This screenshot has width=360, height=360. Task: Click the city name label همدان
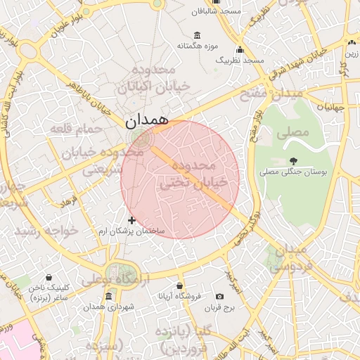pos(148,120)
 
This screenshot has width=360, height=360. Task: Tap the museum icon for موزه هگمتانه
pos(195,35)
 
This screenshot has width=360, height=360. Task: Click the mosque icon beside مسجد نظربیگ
pos(240,50)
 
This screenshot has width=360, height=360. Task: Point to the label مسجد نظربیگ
pos(240,60)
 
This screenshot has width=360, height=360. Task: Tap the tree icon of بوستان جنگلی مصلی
pos(293,161)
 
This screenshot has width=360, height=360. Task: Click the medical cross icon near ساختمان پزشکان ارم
pos(131,220)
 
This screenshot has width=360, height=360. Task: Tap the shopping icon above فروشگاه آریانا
pos(180,285)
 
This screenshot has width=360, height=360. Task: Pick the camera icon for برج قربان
pos(220,297)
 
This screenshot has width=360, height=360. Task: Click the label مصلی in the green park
pos(293,132)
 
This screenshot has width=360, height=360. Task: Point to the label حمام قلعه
pos(72,128)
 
